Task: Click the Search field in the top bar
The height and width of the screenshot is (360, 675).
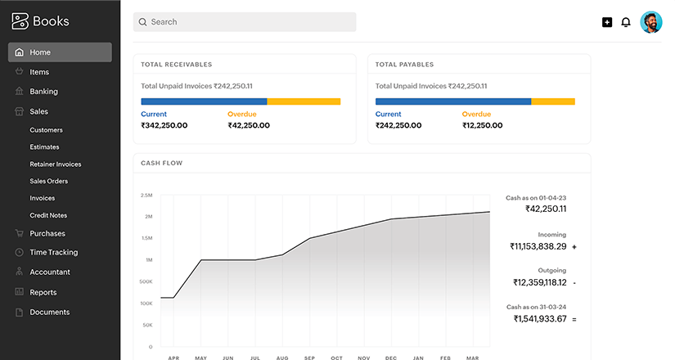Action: pos(244,22)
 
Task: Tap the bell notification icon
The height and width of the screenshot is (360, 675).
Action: pos(626,22)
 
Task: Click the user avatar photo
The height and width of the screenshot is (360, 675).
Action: pos(651,22)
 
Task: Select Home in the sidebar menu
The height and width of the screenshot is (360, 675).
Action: pos(60,52)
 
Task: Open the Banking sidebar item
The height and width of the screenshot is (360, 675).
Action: pos(43,92)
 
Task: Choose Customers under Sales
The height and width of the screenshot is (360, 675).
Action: pos(46,130)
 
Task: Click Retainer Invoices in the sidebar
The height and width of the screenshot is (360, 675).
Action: pos(55,164)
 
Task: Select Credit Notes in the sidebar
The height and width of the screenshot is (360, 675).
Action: pos(48,215)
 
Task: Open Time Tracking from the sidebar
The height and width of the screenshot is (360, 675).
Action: pos(53,253)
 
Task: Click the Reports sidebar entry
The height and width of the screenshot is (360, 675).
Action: pos(43,292)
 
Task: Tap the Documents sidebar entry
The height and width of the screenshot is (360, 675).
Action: pos(49,312)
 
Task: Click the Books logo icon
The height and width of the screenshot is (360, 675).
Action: pos(20,22)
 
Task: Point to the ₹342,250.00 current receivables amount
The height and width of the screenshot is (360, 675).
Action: pos(164,125)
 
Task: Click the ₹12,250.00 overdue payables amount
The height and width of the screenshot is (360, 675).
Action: pos(483,125)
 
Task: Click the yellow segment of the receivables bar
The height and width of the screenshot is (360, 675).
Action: pos(304,101)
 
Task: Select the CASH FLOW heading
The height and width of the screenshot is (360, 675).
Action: pos(161,163)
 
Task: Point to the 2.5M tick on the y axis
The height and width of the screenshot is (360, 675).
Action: pos(146,196)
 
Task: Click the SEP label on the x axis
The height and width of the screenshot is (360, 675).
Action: pos(309,358)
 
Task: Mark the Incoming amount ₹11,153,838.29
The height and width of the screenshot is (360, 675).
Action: pos(538,246)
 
